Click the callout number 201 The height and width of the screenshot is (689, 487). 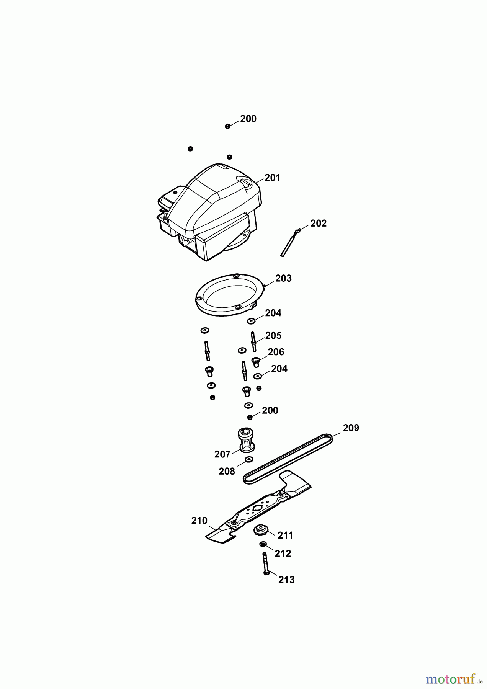[x=272, y=178]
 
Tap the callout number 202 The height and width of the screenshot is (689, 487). [x=319, y=223]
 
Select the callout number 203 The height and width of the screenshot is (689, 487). [x=283, y=278]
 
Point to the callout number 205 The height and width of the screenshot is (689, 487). [x=273, y=336]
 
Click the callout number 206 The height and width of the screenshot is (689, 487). [x=276, y=352]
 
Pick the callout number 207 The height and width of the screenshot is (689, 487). [x=222, y=454]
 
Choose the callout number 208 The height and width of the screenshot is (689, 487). [x=227, y=471]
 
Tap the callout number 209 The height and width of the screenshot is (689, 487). [x=351, y=428]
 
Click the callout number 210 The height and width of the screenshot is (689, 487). [x=199, y=521]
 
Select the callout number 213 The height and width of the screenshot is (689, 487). [x=286, y=580]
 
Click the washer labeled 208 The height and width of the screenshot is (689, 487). [x=249, y=459]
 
